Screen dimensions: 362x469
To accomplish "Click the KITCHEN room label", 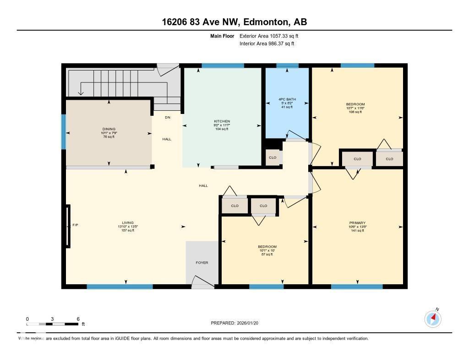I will click(x=222, y=121).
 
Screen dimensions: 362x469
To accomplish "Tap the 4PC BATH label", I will click(x=287, y=99).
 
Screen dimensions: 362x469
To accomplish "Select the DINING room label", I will click(x=109, y=129).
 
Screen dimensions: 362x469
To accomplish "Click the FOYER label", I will click(x=202, y=263).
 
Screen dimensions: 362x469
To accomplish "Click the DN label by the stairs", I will click(x=168, y=118).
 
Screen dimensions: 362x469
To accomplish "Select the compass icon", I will click(x=433, y=319).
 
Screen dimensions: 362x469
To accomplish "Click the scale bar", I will click(x=53, y=324).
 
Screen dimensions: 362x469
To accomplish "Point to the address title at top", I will click(x=234, y=22).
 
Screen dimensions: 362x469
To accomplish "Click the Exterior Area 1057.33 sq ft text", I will click(x=269, y=36).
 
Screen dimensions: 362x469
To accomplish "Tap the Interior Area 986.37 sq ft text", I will click(x=267, y=44).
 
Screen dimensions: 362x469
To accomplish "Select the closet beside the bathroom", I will click(x=273, y=157).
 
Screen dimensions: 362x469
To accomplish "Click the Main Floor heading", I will click(x=222, y=36).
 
